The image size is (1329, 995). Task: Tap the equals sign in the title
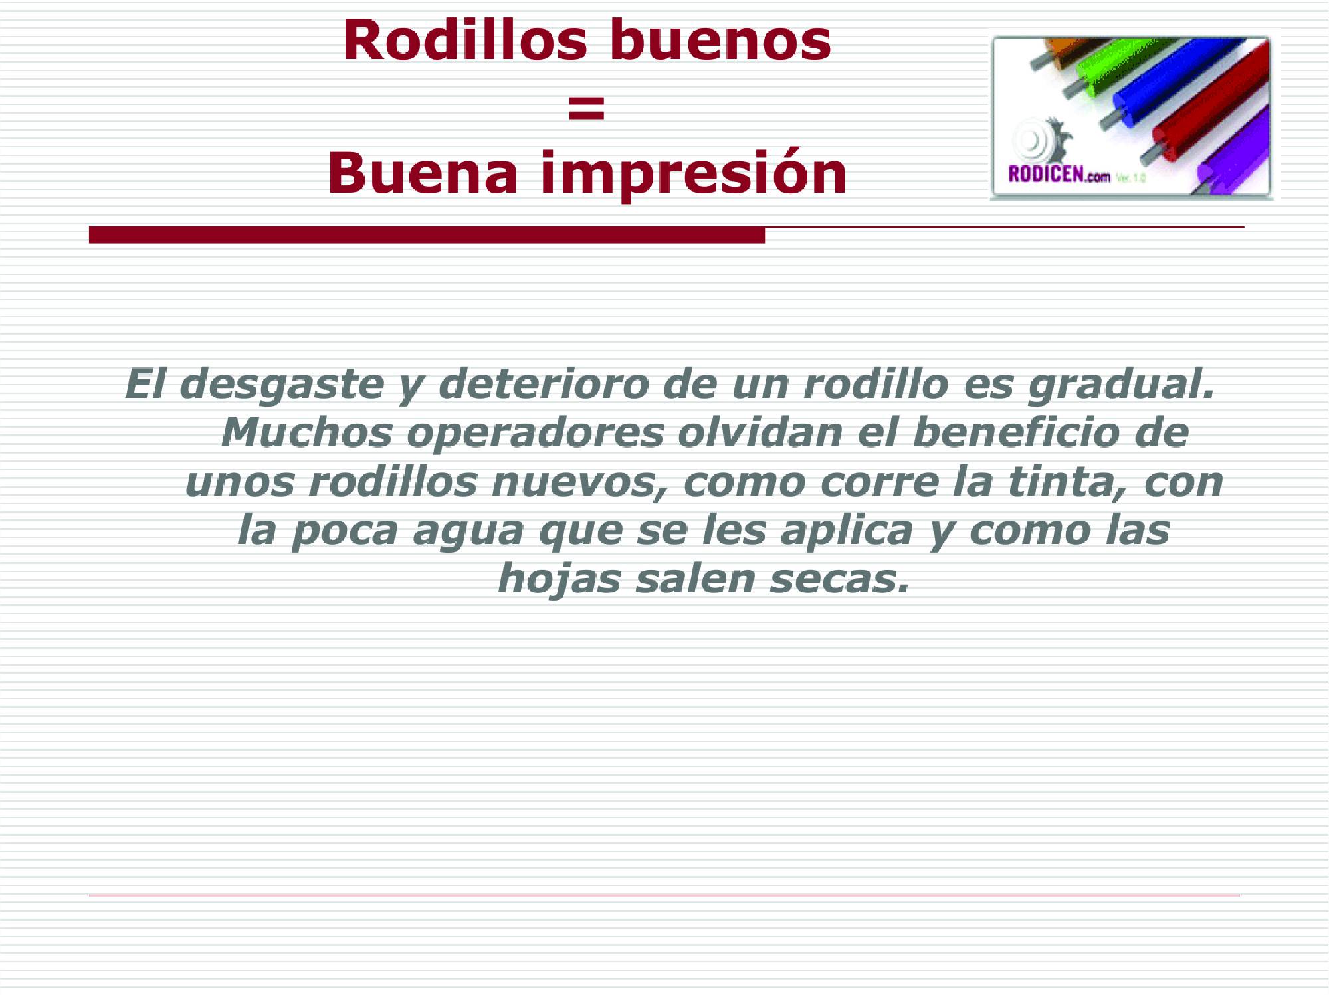pyautogui.click(x=587, y=107)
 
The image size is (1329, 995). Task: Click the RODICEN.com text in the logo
pyautogui.click(x=1059, y=174)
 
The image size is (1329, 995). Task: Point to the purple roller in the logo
pyautogui.click(x=1236, y=156)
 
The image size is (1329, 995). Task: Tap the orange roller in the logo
pyautogui.click(x=1063, y=50)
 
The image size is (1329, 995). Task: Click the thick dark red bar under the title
pyautogui.click(x=427, y=235)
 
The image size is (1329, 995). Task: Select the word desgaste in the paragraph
pyautogui.click(x=282, y=385)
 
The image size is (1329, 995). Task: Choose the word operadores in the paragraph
pyautogui.click(x=535, y=433)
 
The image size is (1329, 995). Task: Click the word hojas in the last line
pyautogui.click(x=559, y=579)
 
